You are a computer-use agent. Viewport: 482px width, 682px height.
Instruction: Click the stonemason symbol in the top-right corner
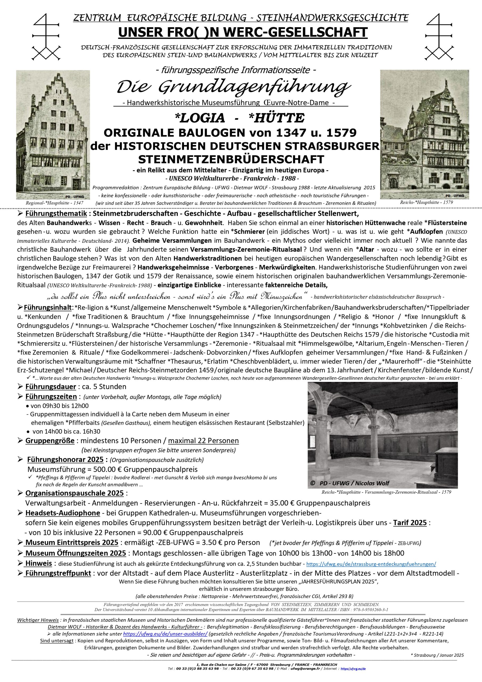pos(438,36)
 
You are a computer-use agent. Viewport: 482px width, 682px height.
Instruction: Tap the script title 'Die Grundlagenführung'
pos(234,87)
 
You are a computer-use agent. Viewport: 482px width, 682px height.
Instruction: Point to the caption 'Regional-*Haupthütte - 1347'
pos(54,202)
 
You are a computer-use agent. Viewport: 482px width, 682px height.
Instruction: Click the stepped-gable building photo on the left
pos(53,135)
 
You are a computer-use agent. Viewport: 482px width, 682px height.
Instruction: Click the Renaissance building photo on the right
pos(424,134)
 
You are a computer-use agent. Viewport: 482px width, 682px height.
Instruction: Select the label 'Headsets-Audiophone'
pos(63,513)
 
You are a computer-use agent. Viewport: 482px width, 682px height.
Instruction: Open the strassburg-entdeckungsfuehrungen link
pos(371,564)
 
